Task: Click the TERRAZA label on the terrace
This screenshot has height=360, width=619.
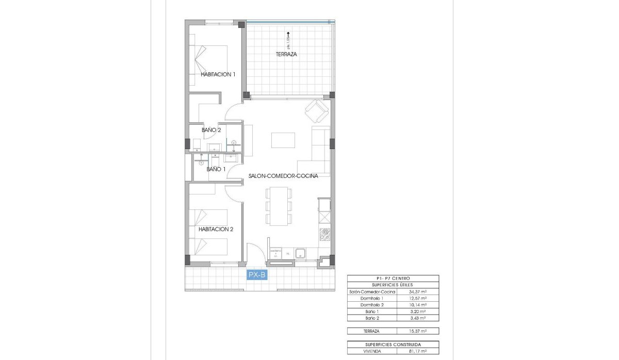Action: tap(286, 54)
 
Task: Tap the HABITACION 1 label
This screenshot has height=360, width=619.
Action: tap(218, 74)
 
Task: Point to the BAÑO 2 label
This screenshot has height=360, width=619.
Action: tap(211, 130)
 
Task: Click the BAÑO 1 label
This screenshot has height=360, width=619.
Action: tap(216, 169)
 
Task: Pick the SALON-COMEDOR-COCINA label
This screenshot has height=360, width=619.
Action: tap(283, 176)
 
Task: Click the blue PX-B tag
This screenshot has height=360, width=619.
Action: tap(257, 275)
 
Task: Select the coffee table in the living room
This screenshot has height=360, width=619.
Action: tap(283, 140)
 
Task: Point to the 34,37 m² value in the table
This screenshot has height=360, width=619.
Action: tap(417, 292)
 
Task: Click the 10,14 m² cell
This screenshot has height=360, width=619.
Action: tap(417, 305)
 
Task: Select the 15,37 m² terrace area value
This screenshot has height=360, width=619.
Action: tap(417, 331)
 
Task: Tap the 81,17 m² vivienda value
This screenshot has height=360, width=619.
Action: tap(417, 351)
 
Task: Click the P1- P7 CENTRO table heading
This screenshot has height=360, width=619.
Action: tap(393, 279)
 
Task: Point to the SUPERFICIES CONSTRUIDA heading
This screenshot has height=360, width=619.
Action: tap(393, 345)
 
